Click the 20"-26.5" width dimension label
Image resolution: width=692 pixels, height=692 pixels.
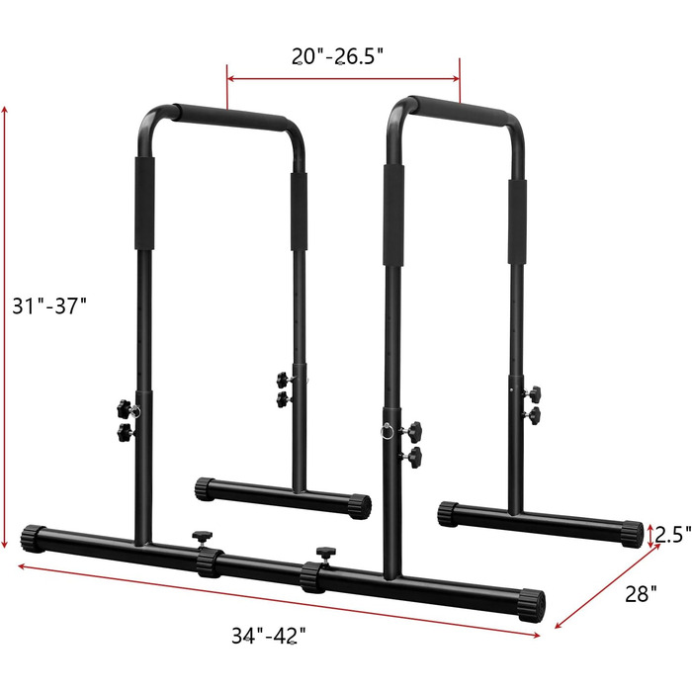(x=338, y=56)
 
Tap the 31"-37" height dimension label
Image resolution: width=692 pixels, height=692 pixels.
(x=49, y=305)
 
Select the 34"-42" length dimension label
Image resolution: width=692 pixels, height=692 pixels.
(x=269, y=636)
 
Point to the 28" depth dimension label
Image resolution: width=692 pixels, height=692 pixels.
(x=641, y=594)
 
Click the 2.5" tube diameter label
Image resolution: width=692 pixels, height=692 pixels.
(x=672, y=535)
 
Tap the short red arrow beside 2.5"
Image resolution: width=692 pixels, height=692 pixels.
(x=649, y=536)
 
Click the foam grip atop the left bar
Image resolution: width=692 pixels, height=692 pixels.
(x=230, y=117)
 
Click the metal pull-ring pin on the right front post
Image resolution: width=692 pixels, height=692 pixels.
(x=388, y=431)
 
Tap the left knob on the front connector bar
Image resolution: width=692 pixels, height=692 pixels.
(x=202, y=538)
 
